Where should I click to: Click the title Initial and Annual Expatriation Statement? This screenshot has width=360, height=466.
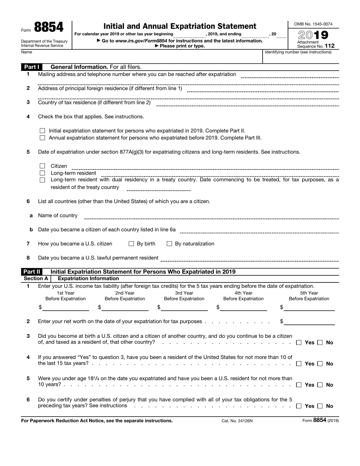pyautogui.click(x=180, y=26)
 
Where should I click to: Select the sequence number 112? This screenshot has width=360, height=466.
pyautogui.click(x=329, y=46)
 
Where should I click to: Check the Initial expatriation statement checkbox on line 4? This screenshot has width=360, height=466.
pyautogui.click(x=42, y=131)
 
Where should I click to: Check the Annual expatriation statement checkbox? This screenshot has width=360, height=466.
pyautogui.click(x=42, y=138)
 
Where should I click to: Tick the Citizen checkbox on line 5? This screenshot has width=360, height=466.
pyautogui.click(x=42, y=166)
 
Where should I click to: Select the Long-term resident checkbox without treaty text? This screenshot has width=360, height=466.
pyautogui.click(x=42, y=173)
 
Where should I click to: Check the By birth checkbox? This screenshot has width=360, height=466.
pyautogui.click(x=131, y=244)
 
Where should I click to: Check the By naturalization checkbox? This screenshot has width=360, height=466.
pyautogui.click(x=169, y=244)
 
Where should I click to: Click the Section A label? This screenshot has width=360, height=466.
pyautogui.click(x=35, y=278)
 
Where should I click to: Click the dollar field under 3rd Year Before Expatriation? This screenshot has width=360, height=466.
pyautogui.click(x=184, y=308)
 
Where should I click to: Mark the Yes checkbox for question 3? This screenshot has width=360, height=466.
pyautogui.click(x=299, y=343)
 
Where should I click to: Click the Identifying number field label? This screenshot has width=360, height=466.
pyautogui.click(x=298, y=52)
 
